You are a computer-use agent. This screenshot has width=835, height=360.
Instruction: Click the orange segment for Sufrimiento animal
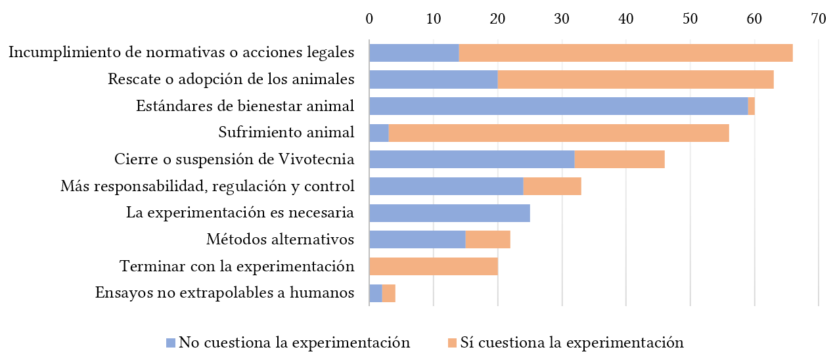[x=558, y=133]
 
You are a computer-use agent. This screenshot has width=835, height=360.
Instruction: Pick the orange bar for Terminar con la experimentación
[x=434, y=267]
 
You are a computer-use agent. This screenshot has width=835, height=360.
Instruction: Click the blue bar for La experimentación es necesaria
[x=449, y=214]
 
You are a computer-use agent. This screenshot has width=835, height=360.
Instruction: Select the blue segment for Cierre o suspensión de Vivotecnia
[x=472, y=160]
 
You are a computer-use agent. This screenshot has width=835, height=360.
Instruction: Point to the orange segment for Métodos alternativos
[x=488, y=240]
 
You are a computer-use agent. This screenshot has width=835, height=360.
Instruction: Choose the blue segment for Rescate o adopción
[x=434, y=79]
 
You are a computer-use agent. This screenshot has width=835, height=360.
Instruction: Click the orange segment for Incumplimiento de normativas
[x=625, y=53]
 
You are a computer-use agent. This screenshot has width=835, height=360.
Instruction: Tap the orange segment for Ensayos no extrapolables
[x=389, y=293]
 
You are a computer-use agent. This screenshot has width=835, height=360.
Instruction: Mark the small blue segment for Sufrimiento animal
[x=379, y=133]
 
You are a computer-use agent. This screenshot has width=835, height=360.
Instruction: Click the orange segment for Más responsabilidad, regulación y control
[x=552, y=187]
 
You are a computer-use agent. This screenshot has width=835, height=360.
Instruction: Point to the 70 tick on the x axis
[x=818, y=20]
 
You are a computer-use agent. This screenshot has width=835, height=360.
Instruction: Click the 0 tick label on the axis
[x=369, y=20]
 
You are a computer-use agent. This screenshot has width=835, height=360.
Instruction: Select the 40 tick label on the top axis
[x=626, y=20]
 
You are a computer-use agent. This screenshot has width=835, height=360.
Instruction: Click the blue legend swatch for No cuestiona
[x=171, y=343]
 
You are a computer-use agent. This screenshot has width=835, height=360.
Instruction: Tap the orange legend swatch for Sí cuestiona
[x=452, y=343]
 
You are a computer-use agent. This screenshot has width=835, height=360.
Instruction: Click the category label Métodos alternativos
[x=281, y=240]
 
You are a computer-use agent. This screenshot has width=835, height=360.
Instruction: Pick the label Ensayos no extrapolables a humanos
[x=225, y=293]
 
